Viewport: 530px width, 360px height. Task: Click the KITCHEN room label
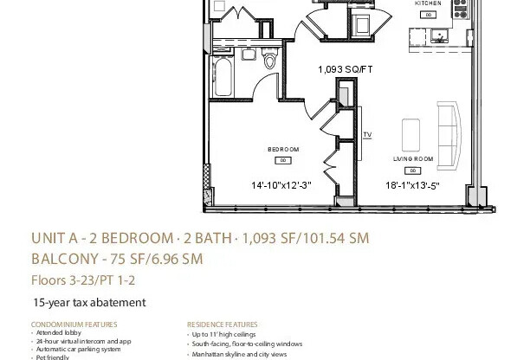click(428, 4)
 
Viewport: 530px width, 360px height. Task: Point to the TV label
click(367, 135)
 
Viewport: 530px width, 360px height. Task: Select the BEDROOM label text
click(283, 150)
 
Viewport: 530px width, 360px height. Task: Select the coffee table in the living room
click(410, 132)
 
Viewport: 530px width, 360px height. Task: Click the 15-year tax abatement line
click(88, 302)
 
